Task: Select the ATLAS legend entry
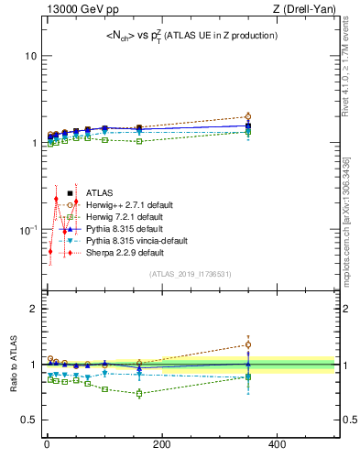pos(99,193)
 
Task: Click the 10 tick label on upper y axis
pos(29,56)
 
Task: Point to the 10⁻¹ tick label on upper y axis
pos(27,228)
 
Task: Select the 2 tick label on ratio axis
pos(32,309)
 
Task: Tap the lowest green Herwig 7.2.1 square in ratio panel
pos(139,394)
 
